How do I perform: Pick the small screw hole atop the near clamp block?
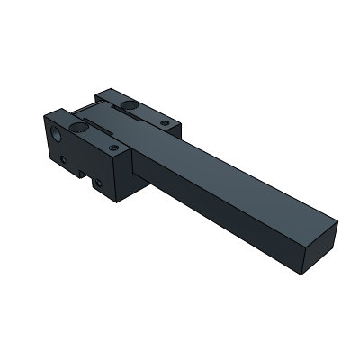point(112,143)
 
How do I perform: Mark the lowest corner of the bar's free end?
point(305,269)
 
